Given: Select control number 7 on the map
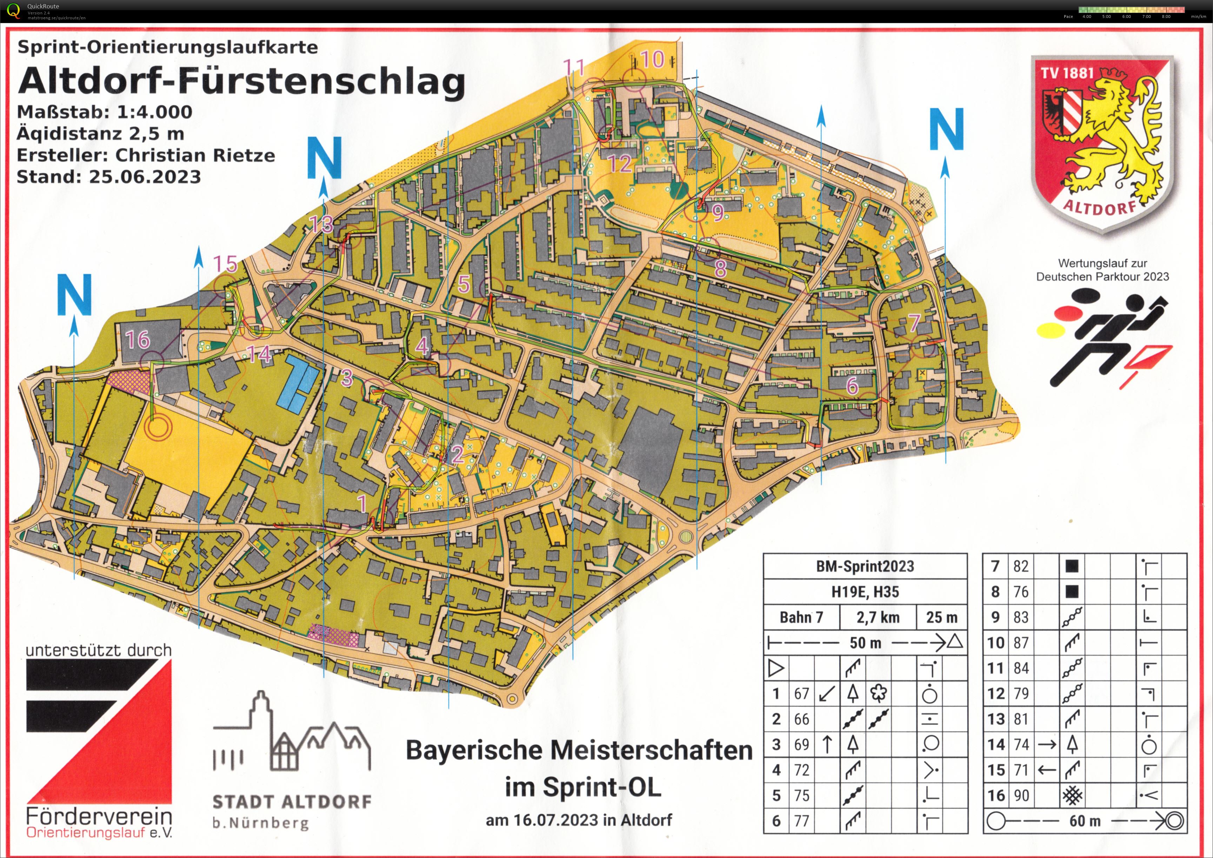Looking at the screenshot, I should click(914, 322).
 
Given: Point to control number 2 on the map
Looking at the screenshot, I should click(458, 454).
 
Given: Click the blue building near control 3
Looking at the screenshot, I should click(300, 383).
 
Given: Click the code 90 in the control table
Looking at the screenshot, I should click(1021, 795).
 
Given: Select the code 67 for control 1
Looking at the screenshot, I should click(801, 693).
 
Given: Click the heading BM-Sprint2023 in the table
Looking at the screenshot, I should click(865, 567).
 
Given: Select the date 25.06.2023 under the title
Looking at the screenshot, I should click(145, 176).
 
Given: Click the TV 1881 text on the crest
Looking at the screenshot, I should click(1067, 73).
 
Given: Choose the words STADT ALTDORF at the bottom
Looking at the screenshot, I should click(292, 802).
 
